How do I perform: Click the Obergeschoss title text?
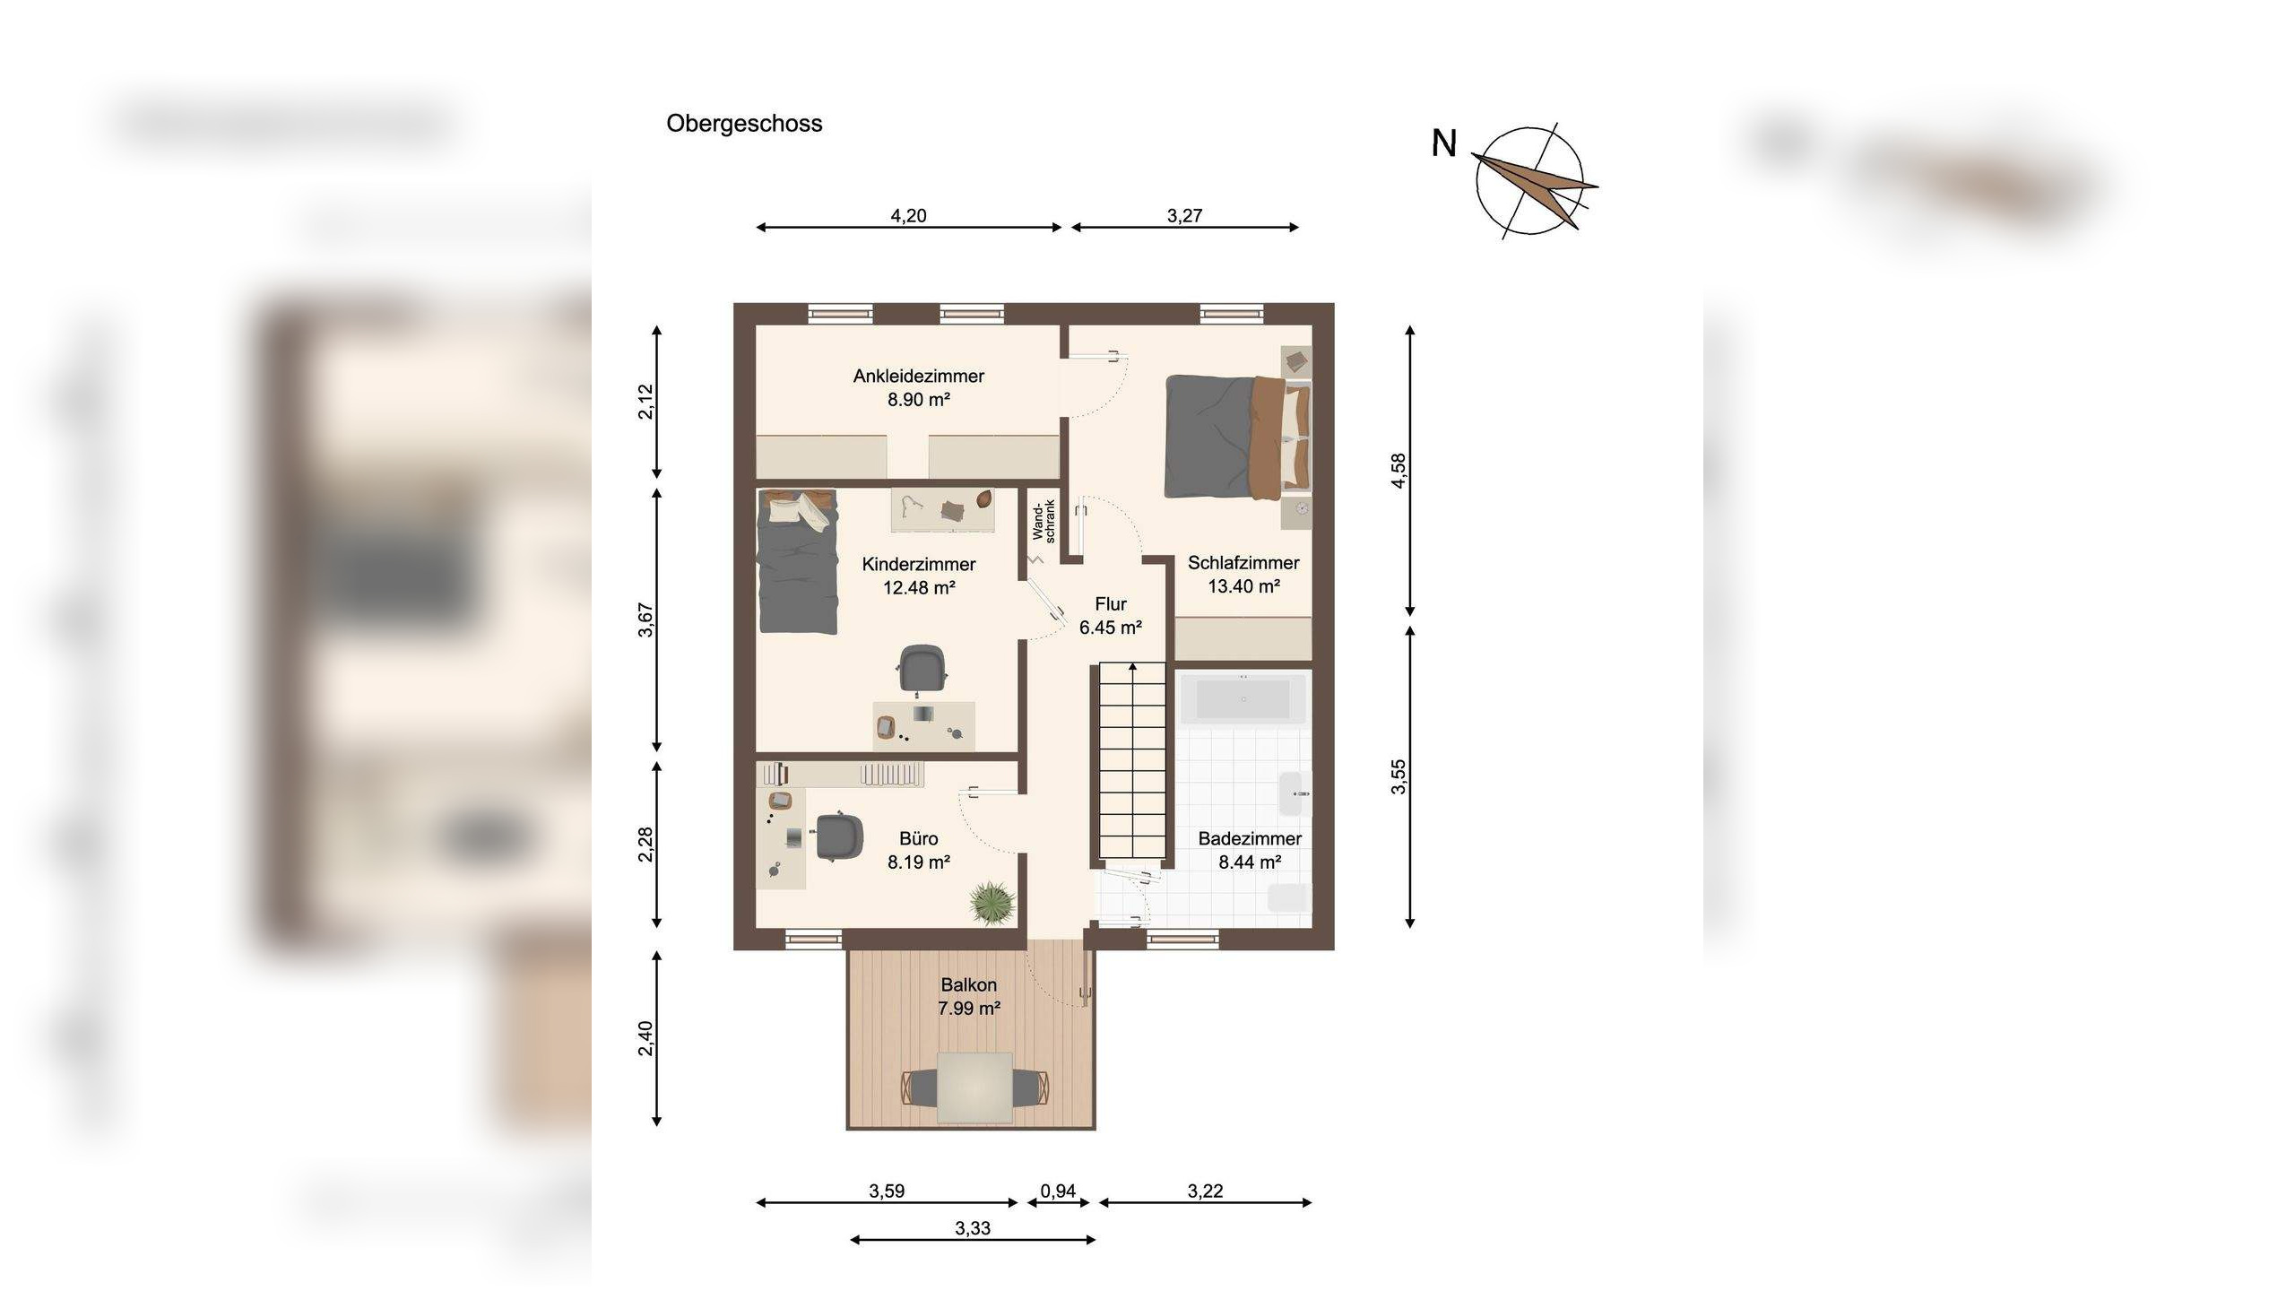tap(744, 124)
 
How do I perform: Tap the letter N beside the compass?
tap(1444, 144)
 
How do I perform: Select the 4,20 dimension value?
tap(908, 215)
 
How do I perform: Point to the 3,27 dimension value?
tap(1184, 215)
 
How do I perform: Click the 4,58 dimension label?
tap(1399, 471)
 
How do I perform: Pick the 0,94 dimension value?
tap(1058, 1191)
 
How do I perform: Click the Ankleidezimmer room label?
tap(919, 377)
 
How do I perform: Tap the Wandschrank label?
tap(1044, 520)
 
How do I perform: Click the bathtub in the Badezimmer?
tap(1244, 697)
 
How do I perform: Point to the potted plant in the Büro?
tap(993, 902)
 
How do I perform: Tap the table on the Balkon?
tap(975, 1087)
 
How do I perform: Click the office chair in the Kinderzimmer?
tap(922, 670)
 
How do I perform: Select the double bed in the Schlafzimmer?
tap(1238, 437)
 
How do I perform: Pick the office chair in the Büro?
tap(839, 836)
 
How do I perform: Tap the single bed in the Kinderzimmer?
tap(797, 561)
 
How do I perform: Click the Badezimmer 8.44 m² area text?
tap(1250, 862)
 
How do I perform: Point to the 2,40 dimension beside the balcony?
tap(645, 1038)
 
